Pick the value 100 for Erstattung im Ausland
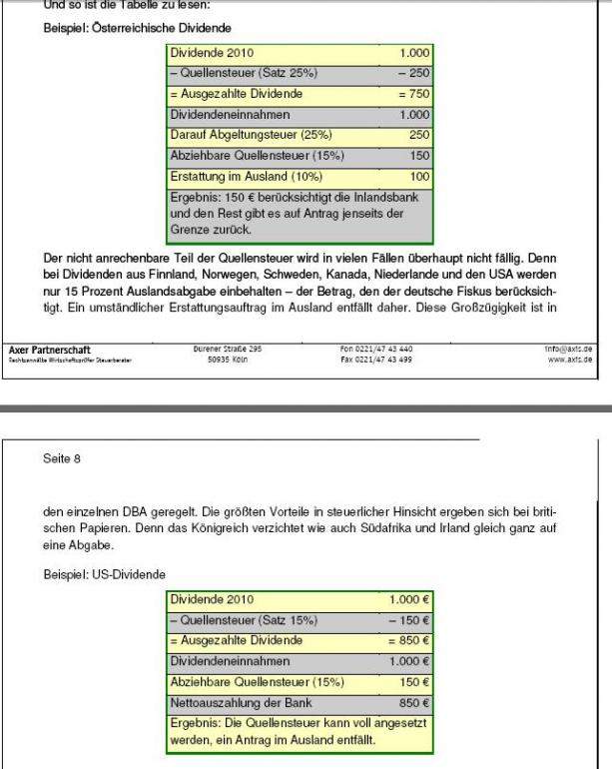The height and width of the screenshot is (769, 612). click(419, 176)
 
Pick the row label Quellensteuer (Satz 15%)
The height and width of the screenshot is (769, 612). click(245, 620)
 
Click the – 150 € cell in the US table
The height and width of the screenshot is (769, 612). click(411, 620)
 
